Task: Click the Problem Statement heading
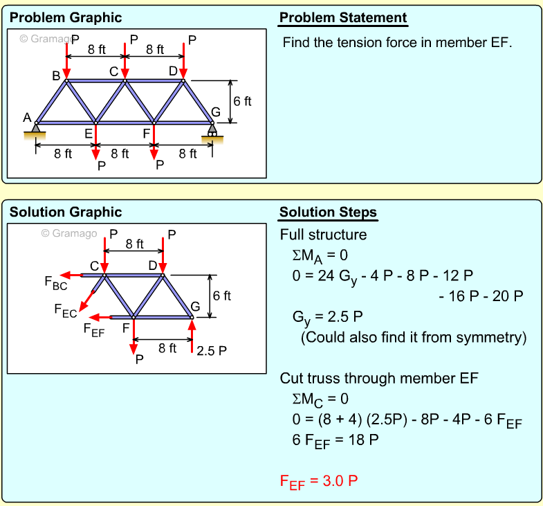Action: coord(342,18)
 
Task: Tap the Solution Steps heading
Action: coord(328,213)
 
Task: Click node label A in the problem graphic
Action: coord(27,117)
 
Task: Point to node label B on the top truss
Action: coord(57,75)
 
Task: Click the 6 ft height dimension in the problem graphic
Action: coord(242,101)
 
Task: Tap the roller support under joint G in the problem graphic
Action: coord(212,132)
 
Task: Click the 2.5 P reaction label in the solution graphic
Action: coord(211,350)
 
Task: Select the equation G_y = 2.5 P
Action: coord(329,318)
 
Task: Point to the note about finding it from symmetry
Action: coord(414,338)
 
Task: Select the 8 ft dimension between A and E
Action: coord(63,154)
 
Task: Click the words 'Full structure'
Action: coord(323,235)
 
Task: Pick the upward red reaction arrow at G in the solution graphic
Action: coord(192,336)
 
